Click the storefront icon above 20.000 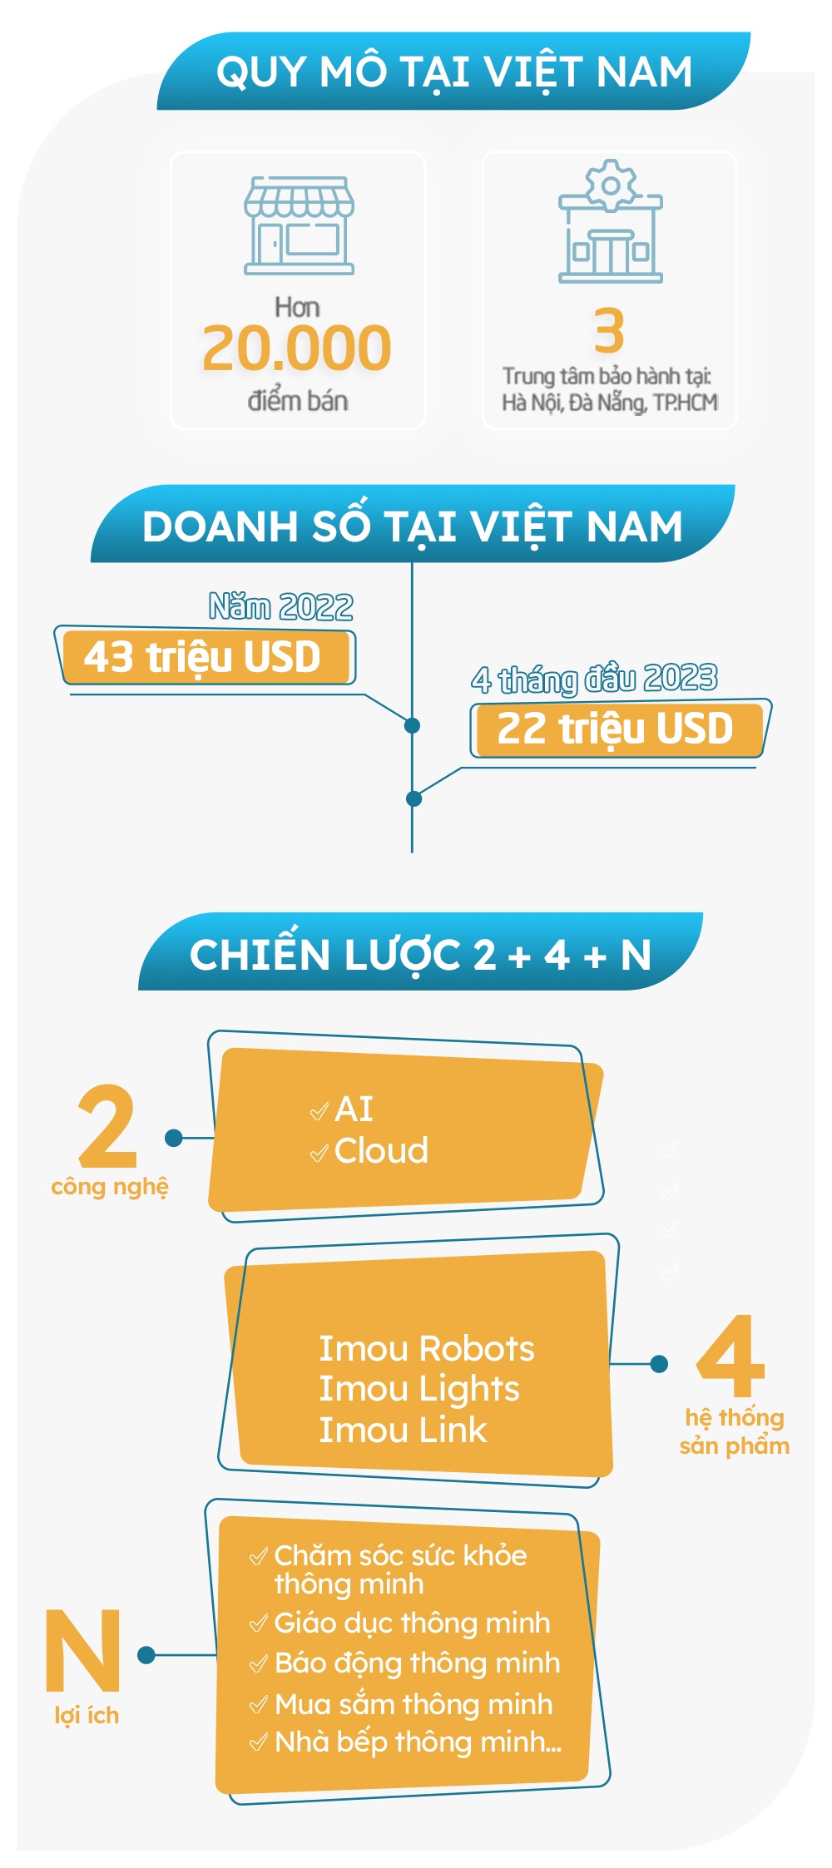pos(299,225)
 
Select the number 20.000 pos(297,348)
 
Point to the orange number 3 pos(609,331)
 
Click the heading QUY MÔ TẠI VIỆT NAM pos(453,72)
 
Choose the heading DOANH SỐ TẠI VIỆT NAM pos(413,526)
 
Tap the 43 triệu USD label pos(202,657)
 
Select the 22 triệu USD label pos(615,729)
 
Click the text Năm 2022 pos(281,606)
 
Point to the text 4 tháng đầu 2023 pos(594,679)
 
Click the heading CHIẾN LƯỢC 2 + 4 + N pos(420,954)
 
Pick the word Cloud pos(381,1151)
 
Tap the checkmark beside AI pos(319,1112)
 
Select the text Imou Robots pos(427,1348)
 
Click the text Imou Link pos(403,1430)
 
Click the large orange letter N pos(83,1651)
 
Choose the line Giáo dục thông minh pos(412,1622)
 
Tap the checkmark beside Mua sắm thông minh pos(259,1705)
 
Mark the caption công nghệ pos(110,1187)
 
